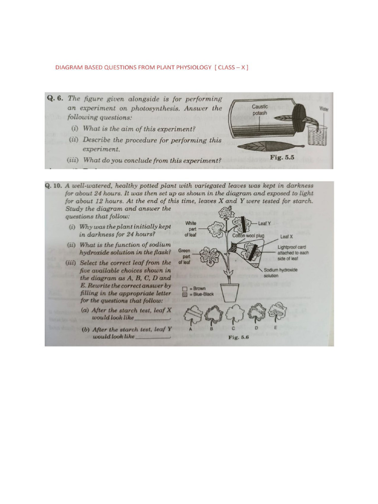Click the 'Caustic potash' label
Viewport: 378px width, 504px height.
pyautogui.click(x=260, y=109)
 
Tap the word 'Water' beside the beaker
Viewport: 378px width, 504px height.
pyautogui.click(x=324, y=108)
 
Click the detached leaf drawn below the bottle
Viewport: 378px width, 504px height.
pyautogui.click(x=268, y=147)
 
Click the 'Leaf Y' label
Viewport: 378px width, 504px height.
pyautogui.click(x=264, y=223)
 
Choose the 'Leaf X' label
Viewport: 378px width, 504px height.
pyautogui.click(x=287, y=236)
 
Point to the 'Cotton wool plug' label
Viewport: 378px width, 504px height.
pyautogui.click(x=249, y=236)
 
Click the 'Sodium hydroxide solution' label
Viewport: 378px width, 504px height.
pyautogui.click(x=280, y=273)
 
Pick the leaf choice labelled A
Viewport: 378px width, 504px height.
pyautogui.click(x=190, y=314)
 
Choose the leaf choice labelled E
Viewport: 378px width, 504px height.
pyautogui.click(x=276, y=312)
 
